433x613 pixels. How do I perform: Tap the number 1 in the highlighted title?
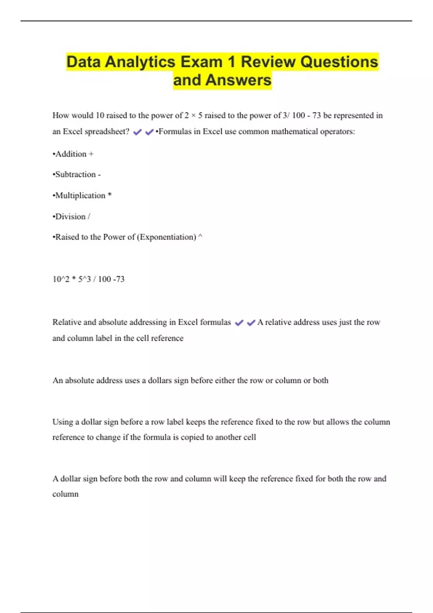[x=231, y=62]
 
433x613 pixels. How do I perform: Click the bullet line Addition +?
[x=73, y=154]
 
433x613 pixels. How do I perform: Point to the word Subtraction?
[x=75, y=175]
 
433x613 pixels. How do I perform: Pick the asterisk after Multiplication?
[x=110, y=195]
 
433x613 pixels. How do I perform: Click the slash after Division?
[x=89, y=216]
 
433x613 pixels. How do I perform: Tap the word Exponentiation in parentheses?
[x=167, y=237]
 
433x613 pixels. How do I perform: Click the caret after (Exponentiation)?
[x=201, y=236]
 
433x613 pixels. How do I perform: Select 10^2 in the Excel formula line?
[x=61, y=279]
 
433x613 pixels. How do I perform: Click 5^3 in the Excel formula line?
[x=84, y=279]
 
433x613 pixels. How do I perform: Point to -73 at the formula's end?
[x=119, y=279]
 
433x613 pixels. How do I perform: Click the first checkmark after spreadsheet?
[x=137, y=132]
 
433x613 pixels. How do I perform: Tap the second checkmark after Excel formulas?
[x=251, y=323]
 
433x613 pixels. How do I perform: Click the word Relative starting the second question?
[x=67, y=322]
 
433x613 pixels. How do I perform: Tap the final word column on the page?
[x=65, y=494]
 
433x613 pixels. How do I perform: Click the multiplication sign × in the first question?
[x=193, y=116]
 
